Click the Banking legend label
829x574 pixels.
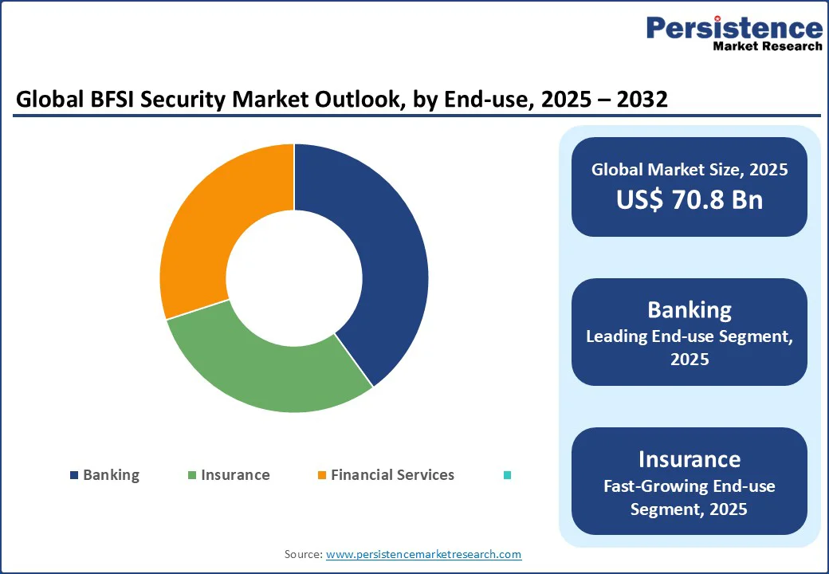pyautogui.click(x=111, y=475)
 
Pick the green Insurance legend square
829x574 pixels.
pyautogui.click(x=191, y=475)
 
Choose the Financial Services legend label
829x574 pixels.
pyautogui.click(x=392, y=475)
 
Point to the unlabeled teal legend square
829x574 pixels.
pyautogui.click(x=507, y=475)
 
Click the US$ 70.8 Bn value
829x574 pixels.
pyautogui.click(x=690, y=199)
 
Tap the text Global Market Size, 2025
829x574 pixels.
pyautogui.click(x=690, y=169)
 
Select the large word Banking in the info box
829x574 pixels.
pyautogui.click(x=690, y=309)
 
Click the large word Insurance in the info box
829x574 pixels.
pyautogui.click(x=690, y=459)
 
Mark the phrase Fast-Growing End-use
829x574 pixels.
pyautogui.click(x=690, y=486)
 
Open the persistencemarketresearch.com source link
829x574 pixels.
pyautogui.click(x=424, y=554)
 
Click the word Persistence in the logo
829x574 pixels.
pyautogui.click(x=734, y=28)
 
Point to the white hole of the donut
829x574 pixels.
pyautogui.click(x=294, y=278)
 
